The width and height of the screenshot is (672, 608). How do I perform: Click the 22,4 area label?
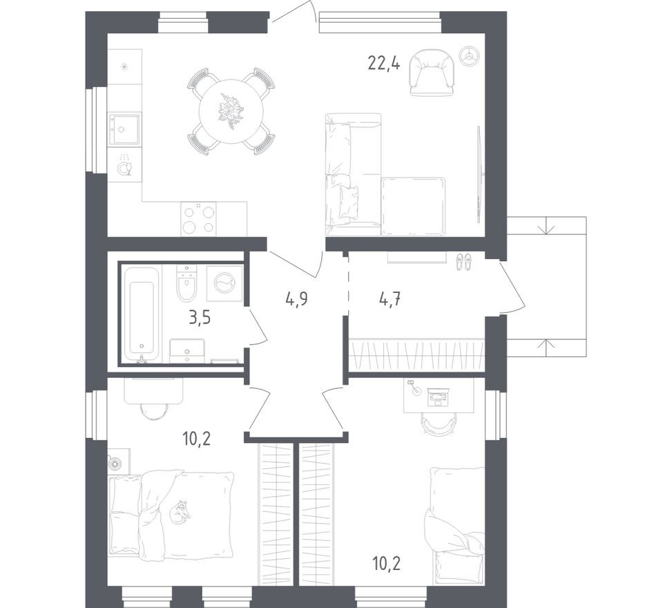point(384,64)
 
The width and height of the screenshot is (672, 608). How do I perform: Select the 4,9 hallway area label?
point(296,298)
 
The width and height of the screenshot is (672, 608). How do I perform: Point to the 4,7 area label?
point(390,298)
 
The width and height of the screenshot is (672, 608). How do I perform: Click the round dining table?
point(231,111)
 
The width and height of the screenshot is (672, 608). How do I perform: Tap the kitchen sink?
point(124,129)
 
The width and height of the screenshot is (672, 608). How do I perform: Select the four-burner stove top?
point(198,219)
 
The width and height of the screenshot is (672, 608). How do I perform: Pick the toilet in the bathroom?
point(187,285)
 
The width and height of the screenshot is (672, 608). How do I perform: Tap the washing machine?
point(224,283)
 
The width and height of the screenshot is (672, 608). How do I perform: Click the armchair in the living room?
point(432,72)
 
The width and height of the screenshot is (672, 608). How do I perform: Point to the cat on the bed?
point(181,512)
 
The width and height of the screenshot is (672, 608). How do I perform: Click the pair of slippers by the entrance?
point(463,260)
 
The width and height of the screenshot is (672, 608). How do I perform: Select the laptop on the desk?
point(438,396)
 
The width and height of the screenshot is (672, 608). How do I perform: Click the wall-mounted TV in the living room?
point(479,174)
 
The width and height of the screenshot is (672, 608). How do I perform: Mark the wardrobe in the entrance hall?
point(417,355)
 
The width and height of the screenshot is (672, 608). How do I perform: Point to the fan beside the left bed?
point(118,462)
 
